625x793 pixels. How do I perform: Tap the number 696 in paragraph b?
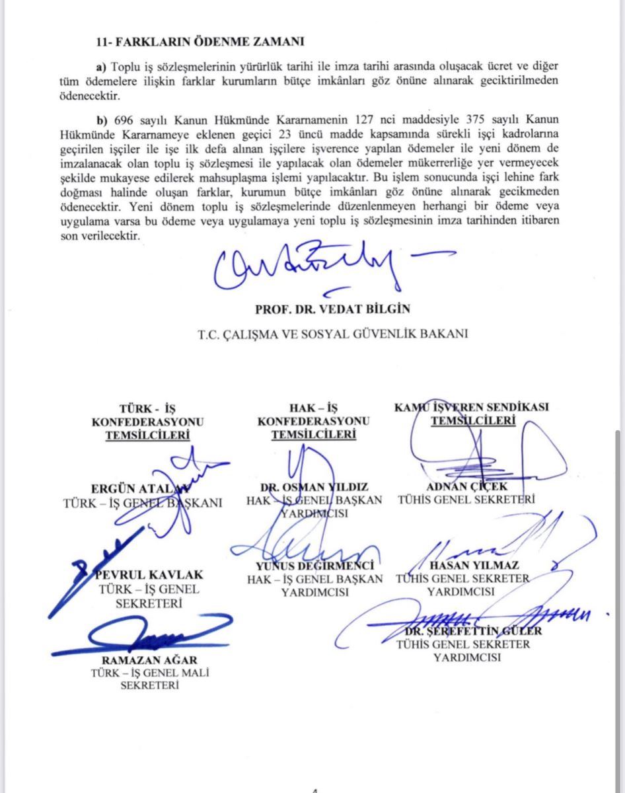pyautogui.click(x=123, y=120)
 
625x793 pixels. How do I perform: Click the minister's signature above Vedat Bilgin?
pyautogui.click(x=311, y=269)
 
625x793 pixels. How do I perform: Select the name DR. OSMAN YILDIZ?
pyautogui.click(x=314, y=487)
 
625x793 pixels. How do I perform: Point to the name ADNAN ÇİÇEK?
pyautogui.click(x=466, y=487)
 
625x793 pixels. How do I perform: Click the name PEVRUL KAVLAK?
pyautogui.click(x=148, y=575)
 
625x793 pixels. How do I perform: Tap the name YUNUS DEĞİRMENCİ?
pyautogui.click(x=314, y=566)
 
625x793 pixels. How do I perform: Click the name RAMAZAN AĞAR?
pyautogui.click(x=149, y=660)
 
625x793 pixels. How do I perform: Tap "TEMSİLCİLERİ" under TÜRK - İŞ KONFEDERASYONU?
pyautogui.click(x=148, y=435)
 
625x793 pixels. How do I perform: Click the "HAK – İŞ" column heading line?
pyautogui.click(x=314, y=407)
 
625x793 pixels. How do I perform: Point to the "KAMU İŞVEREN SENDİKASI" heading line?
pyautogui.click(x=472, y=407)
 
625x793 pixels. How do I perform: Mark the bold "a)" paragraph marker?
pyautogui.click(x=101, y=67)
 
